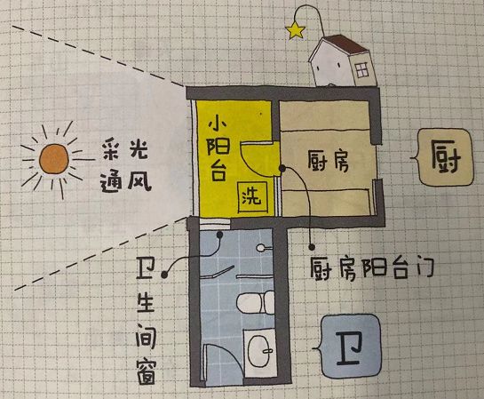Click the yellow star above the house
295,30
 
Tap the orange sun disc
53,159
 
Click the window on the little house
361,70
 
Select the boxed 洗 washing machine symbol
252,196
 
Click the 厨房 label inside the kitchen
328,160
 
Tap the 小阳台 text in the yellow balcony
218,149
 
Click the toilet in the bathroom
256,303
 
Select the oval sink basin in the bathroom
260,351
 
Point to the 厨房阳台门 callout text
372,268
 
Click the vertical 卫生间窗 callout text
146,323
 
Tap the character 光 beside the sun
138,149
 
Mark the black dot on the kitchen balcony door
282,168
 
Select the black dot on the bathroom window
219,235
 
